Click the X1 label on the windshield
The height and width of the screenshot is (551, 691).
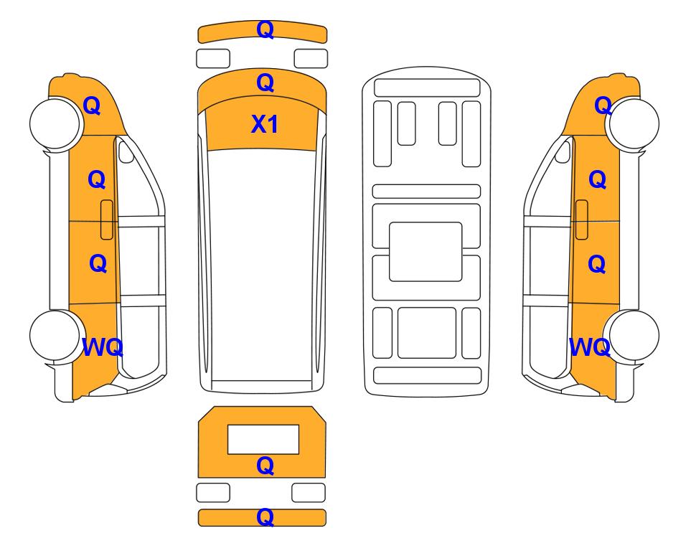click(x=264, y=124)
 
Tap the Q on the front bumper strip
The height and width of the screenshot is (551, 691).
click(x=265, y=29)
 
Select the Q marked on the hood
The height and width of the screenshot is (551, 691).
click(x=265, y=83)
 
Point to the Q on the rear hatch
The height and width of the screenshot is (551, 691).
click(x=265, y=466)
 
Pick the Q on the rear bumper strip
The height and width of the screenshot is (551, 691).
click(x=265, y=517)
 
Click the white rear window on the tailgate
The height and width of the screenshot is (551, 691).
click(x=263, y=440)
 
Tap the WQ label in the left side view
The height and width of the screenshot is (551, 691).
click(x=103, y=347)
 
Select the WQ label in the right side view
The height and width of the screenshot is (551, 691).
click(x=590, y=347)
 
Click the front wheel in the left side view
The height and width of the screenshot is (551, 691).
click(x=56, y=123)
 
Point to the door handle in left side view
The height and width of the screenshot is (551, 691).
click(x=107, y=220)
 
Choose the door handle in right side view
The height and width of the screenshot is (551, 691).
click(x=582, y=220)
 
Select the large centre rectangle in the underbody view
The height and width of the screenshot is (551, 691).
click(x=426, y=252)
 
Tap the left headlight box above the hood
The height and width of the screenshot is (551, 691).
click(x=213, y=59)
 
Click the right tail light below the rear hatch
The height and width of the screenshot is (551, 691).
click(x=309, y=492)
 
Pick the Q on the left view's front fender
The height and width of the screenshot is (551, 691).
click(x=92, y=105)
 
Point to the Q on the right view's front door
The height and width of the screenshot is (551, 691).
click(x=598, y=180)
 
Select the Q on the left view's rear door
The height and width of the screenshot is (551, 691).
click(x=98, y=263)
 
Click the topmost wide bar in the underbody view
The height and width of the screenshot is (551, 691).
click(x=427, y=88)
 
